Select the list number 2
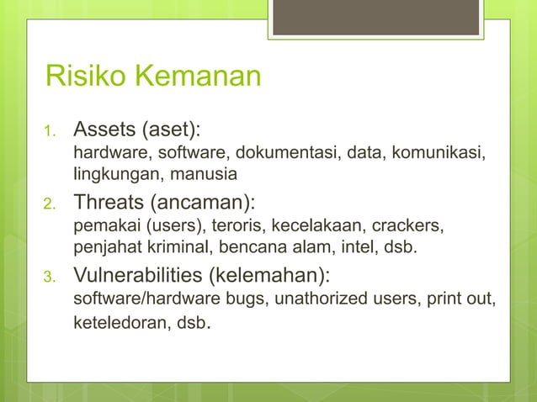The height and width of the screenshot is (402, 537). coord(50,204)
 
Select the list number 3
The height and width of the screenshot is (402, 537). coord(50,278)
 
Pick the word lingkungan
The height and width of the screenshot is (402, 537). coord(109,175)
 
